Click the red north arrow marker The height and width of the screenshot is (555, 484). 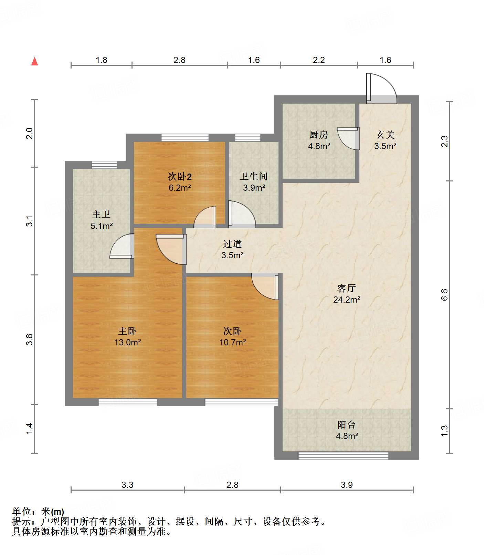(34, 61)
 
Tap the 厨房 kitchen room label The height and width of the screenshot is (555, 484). (319, 135)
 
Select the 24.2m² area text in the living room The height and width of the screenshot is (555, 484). (347, 300)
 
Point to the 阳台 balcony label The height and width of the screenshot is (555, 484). (347, 425)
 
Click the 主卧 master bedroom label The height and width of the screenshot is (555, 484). (127, 331)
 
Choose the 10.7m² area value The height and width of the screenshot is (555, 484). (233, 342)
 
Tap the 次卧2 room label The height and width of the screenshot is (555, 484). (180, 177)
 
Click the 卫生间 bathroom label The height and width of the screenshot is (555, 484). (254, 176)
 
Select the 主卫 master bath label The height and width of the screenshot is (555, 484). (101, 214)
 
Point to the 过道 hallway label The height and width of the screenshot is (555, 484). (232, 244)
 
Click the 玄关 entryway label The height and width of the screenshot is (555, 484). (385, 135)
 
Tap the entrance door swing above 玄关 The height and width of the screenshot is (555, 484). (381, 88)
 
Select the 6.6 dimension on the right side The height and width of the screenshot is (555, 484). (444, 295)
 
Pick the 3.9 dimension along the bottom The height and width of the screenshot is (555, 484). (347, 485)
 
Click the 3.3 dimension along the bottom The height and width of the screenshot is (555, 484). (127, 485)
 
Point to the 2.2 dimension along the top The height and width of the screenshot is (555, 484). (319, 60)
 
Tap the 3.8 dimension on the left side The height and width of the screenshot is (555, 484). (30, 339)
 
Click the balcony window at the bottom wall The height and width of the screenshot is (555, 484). (343, 455)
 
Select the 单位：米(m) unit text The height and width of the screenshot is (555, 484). (38, 512)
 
